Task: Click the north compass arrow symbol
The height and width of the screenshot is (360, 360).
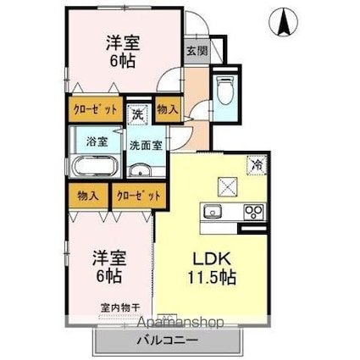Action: [281, 20]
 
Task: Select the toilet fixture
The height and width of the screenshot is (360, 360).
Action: [225, 88]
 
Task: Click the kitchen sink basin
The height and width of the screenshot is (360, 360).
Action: [213, 211]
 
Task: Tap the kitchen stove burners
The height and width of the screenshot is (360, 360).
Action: [252, 211]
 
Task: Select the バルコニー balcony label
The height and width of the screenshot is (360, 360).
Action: [166, 341]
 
